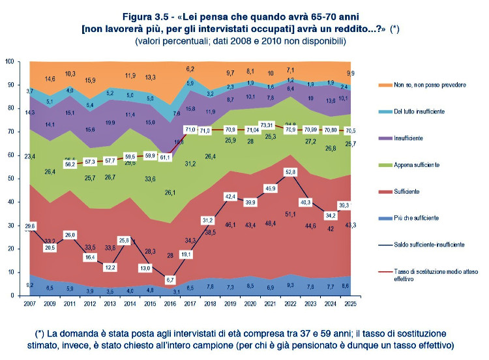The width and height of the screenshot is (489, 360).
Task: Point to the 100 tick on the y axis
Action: [9, 61]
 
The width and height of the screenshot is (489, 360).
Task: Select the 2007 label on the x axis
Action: [29, 304]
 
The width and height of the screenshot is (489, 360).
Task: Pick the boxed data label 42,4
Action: [230, 196]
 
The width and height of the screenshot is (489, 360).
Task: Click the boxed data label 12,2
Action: [110, 267]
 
